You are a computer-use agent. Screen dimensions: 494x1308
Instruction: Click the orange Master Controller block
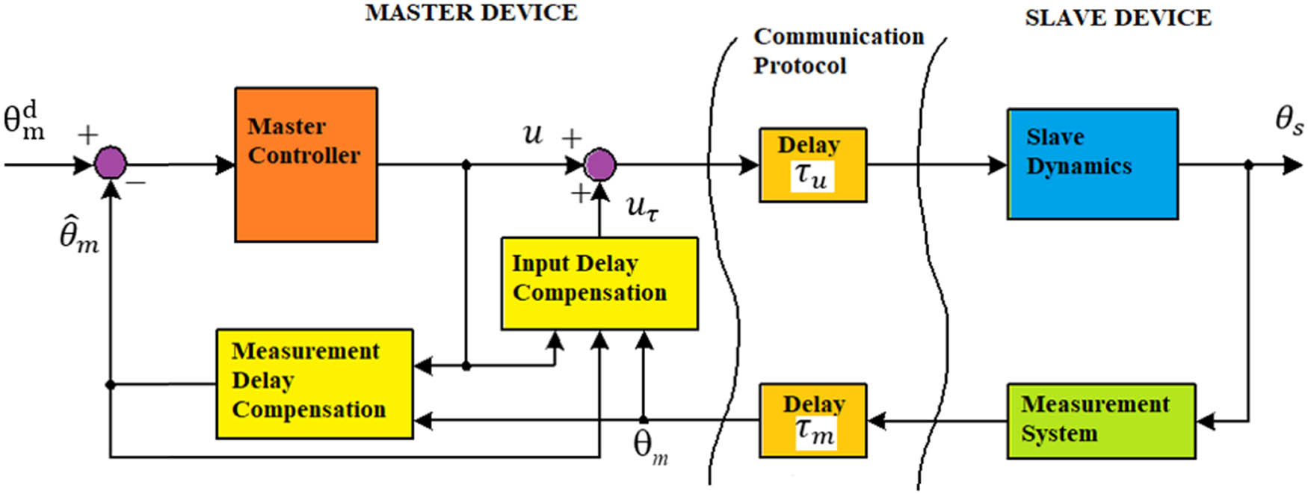tap(306, 164)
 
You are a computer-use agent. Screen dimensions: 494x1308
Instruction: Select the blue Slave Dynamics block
tap(1093, 164)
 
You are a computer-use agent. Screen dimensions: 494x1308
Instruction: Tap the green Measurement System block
tap(1100, 421)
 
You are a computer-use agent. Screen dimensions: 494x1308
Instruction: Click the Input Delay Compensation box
tap(599, 283)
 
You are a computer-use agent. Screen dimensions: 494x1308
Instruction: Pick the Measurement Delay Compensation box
tap(314, 383)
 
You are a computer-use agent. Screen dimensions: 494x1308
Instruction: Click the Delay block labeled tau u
tap(812, 164)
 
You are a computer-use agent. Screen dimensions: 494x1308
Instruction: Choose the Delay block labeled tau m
tap(812, 421)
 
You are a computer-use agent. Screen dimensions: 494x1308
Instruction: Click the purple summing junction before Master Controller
tap(111, 164)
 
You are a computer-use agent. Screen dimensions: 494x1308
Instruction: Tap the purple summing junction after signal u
tap(599, 164)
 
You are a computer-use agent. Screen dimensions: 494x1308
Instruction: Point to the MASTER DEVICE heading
tap(471, 13)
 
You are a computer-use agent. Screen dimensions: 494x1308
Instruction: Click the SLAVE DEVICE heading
tap(1117, 18)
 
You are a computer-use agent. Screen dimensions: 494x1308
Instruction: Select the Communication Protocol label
tap(837, 50)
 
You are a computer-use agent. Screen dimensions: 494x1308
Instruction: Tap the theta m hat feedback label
tap(78, 232)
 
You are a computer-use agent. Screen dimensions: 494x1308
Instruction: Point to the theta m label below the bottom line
tap(650, 447)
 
